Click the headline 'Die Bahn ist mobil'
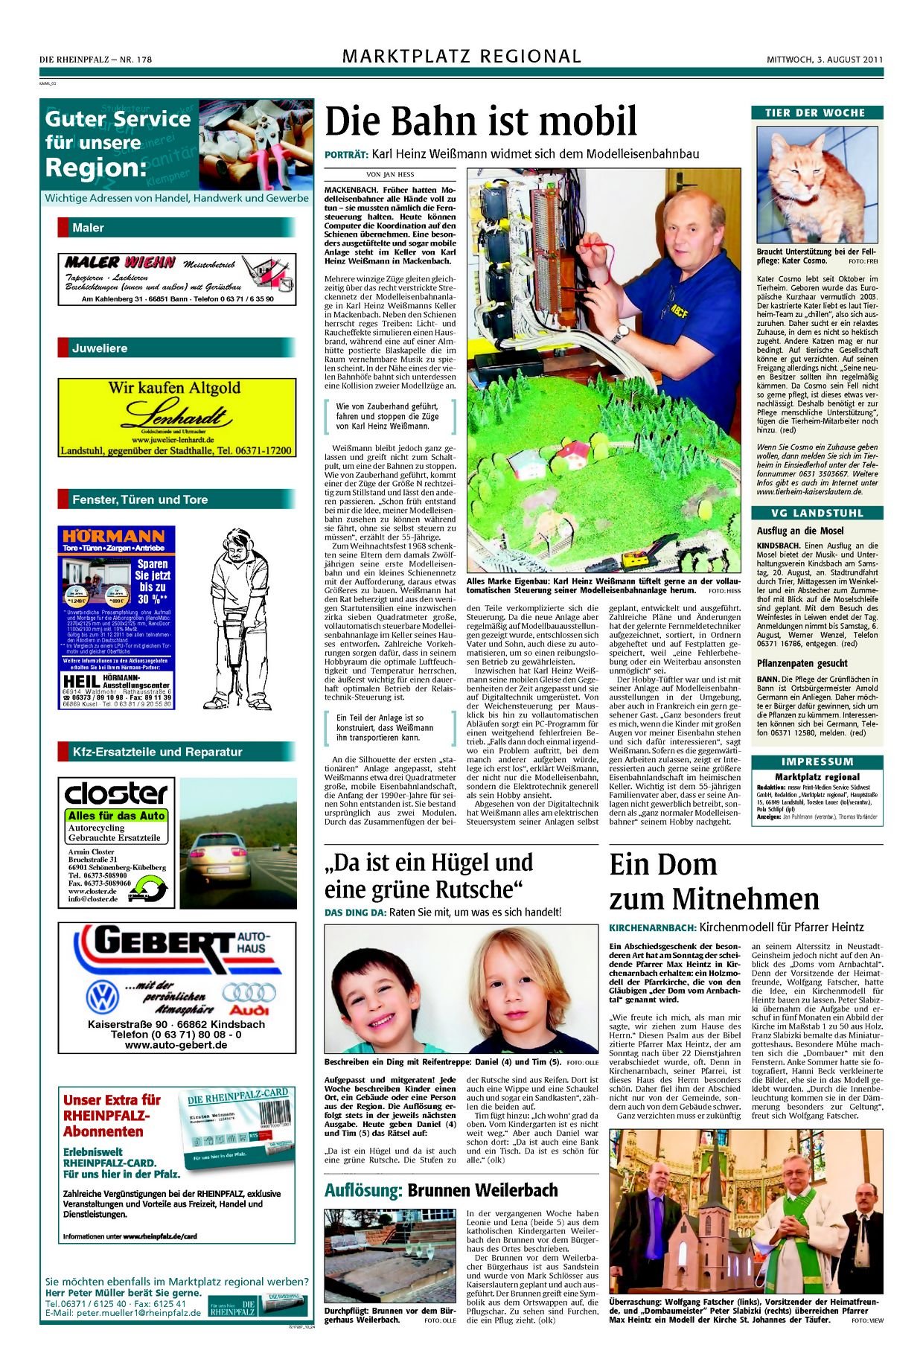481,121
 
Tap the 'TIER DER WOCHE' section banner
817,113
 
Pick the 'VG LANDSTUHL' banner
817,513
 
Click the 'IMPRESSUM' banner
817,761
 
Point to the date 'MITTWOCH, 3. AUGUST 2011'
825,60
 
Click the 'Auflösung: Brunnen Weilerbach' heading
441,1190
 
